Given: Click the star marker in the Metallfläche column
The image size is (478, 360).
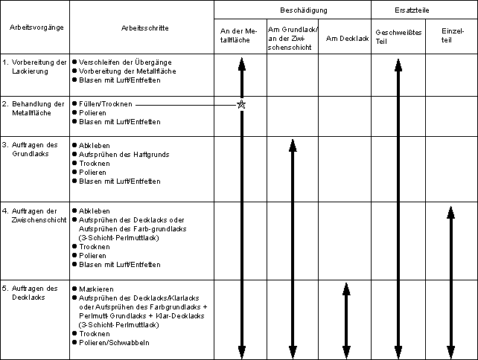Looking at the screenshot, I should point(240,105).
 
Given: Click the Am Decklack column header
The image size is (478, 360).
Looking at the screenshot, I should point(344,36).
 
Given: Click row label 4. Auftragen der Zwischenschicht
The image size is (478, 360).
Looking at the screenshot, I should point(36,215).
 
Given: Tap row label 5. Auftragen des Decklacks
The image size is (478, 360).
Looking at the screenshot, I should point(36,293).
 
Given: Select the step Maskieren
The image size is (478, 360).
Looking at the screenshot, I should point(96,289).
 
